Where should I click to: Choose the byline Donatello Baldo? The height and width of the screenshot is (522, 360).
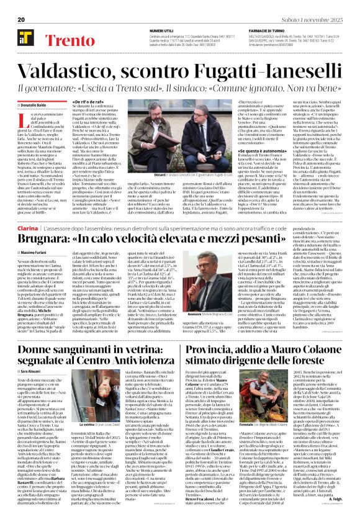tap(34, 88)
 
